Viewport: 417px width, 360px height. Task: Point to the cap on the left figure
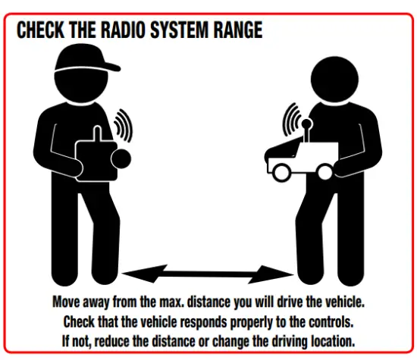[x=87, y=61]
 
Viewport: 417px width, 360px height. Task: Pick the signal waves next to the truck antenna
[x=291, y=120]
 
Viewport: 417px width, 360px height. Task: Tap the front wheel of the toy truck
[x=280, y=172]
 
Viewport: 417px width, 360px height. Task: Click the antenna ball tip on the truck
[x=306, y=122]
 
